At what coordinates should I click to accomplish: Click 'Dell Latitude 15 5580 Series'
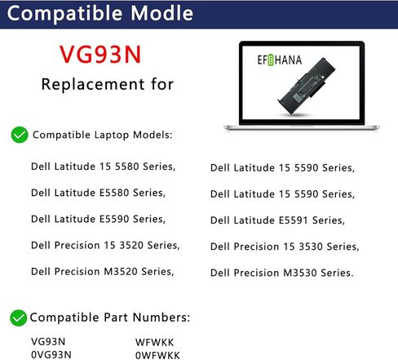(x=103, y=167)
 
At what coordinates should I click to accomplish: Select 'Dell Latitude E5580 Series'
(x=98, y=193)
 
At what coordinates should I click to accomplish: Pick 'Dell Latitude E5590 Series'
(x=98, y=219)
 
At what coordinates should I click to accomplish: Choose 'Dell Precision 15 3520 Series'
(x=105, y=245)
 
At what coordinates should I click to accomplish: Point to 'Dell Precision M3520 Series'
(x=102, y=271)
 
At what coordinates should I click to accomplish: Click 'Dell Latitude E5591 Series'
(x=277, y=220)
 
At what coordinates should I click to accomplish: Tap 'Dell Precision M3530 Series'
(x=282, y=272)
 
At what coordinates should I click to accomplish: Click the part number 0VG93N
(x=51, y=353)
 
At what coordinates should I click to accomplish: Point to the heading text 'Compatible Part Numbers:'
(x=110, y=317)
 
